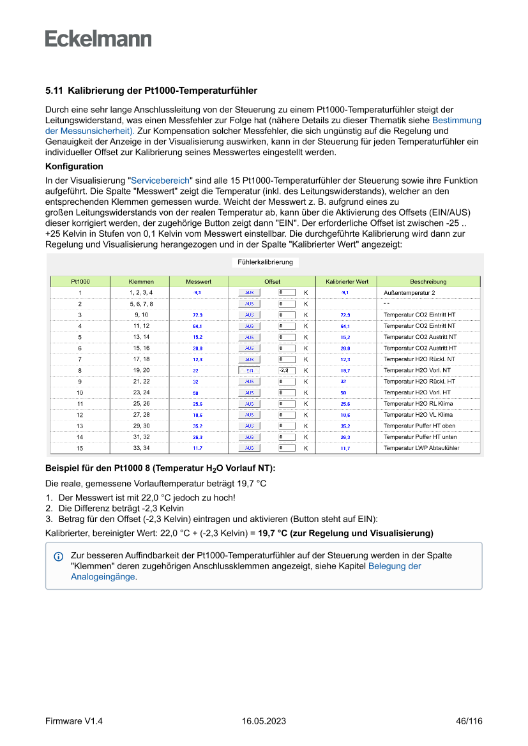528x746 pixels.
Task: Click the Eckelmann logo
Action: (98, 39)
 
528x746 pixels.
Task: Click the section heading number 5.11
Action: (54, 91)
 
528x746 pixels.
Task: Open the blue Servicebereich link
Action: (160, 181)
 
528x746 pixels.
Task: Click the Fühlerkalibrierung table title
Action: (265, 262)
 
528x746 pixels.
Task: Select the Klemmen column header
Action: (140, 281)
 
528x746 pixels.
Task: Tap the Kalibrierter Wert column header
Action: (347, 281)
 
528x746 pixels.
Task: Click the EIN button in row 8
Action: (249, 370)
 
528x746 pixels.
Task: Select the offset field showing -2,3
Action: (286, 370)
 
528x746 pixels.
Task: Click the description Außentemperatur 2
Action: (409, 292)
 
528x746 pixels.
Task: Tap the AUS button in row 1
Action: (249, 292)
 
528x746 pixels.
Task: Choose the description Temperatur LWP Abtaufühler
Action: (421, 448)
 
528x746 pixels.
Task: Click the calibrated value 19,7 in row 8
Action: (345, 370)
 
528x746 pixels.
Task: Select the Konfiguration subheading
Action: (74, 166)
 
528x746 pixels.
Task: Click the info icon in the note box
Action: (58, 556)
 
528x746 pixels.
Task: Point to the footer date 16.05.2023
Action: (264, 721)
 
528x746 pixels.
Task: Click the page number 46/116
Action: (469, 721)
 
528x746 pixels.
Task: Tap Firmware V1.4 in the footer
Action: (74, 721)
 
